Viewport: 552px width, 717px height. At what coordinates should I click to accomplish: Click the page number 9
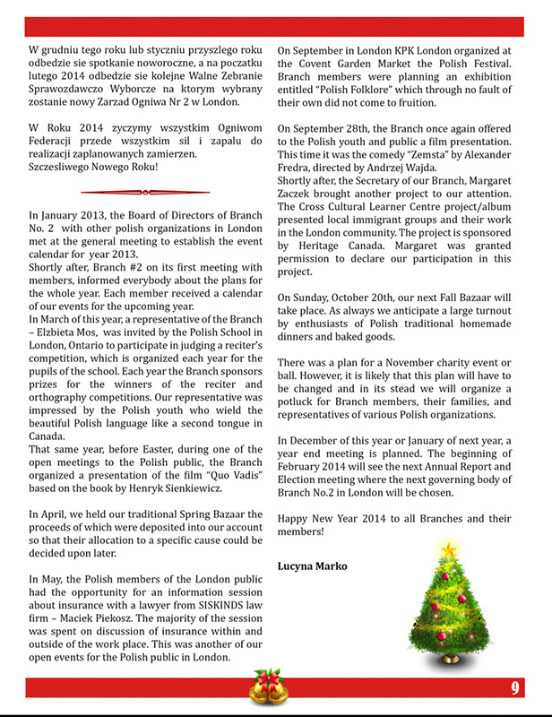516,687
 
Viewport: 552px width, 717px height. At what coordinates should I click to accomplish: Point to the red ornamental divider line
145,191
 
